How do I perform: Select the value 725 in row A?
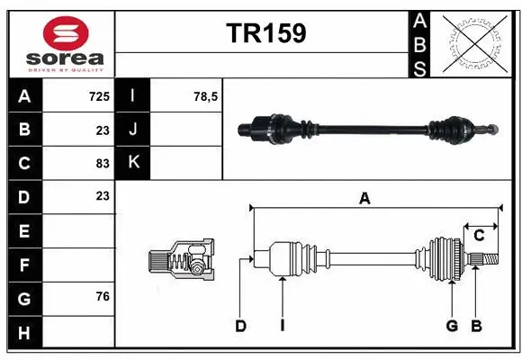[99, 95]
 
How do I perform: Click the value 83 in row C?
[103, 163]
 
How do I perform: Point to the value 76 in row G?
[103, 296]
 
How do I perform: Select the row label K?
[133, 163]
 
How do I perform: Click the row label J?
[133, 129]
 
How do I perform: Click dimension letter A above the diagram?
[364, 199]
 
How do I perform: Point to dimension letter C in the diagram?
[480, 235]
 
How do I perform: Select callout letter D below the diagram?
[240, 326]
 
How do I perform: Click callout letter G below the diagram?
[453, 326]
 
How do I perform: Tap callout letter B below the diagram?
[477, 326]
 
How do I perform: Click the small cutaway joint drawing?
[181, 261]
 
